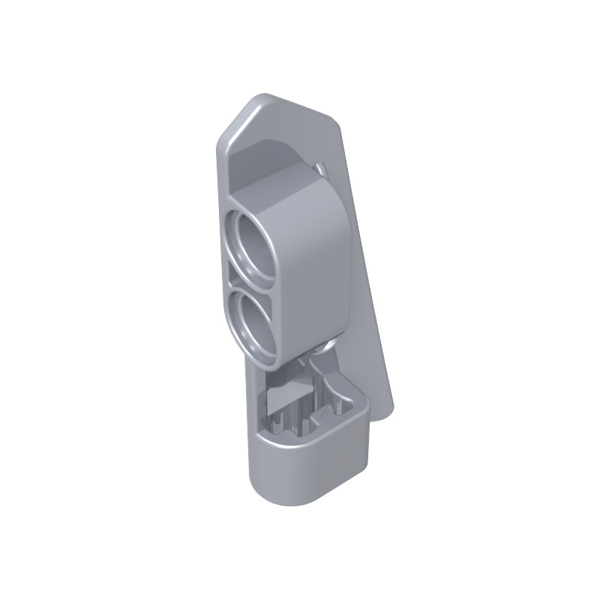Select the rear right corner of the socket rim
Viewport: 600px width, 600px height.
tap(364, 401)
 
